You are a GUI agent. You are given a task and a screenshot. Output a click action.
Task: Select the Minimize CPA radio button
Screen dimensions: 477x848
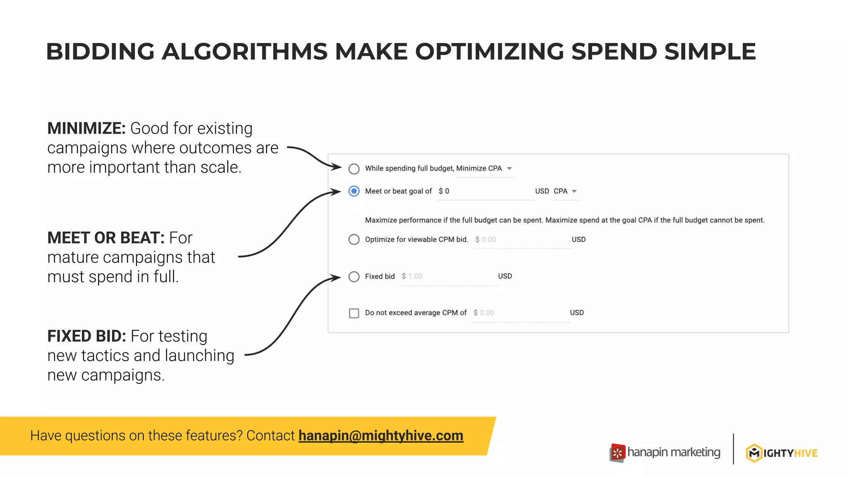354,169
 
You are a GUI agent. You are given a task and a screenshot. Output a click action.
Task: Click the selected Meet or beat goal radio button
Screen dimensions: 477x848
354,191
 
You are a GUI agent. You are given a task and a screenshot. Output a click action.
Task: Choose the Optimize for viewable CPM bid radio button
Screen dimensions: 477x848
354,239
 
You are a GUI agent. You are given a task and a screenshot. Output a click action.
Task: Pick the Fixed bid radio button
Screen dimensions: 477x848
354,276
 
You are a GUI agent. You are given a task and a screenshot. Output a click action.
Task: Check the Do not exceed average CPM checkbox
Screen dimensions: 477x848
354,313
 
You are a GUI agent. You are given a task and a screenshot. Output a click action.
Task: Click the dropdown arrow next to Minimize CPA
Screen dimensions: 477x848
509,169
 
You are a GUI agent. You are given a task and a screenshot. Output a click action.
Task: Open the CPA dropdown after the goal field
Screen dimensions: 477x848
574,191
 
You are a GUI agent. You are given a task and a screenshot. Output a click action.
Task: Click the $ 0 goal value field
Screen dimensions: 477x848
484,191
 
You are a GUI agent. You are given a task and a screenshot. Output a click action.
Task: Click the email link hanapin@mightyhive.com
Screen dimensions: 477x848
381,436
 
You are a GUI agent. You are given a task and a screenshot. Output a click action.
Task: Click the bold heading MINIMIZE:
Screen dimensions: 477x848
86,128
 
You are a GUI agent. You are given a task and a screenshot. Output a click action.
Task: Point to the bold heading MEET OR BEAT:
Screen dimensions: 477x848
106,238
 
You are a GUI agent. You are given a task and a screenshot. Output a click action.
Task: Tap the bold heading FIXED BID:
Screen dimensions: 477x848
86,336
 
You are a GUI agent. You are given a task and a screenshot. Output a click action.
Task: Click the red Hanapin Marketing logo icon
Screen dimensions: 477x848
617,453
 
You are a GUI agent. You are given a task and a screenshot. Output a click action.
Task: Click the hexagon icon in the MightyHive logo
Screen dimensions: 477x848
754,453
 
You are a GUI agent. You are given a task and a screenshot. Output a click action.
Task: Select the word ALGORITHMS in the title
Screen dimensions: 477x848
244,52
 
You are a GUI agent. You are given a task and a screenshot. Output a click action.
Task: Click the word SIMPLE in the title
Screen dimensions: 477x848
710,52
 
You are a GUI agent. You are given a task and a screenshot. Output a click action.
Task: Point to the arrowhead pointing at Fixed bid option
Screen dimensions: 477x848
337,277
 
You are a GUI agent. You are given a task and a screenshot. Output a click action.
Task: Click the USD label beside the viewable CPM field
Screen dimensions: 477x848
578,239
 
